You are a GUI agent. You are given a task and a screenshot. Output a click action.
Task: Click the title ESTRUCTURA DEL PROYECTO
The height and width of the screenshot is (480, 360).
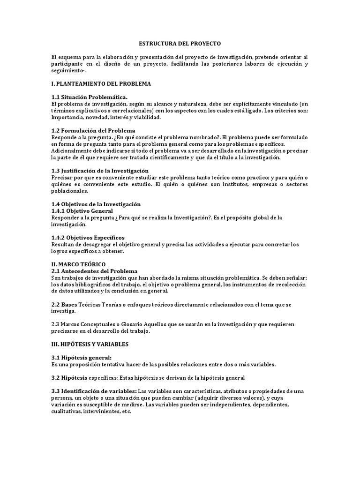coord(180,43)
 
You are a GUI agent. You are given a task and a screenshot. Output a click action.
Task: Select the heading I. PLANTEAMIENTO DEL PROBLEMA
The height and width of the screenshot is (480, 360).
coord(101,83)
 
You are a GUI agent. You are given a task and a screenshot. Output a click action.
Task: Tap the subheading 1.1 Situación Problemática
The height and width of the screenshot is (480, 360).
coord(89,97)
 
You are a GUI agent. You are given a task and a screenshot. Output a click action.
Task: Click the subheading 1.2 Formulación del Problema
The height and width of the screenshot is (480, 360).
coord(93,130)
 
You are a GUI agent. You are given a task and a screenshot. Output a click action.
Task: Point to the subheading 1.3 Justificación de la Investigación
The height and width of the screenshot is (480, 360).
coord(100,170)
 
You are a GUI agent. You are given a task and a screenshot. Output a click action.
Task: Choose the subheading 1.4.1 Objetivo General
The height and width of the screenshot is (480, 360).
coord(82,211)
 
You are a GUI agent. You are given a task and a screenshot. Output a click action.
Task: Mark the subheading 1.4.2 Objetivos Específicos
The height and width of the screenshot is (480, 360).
coord(88,238)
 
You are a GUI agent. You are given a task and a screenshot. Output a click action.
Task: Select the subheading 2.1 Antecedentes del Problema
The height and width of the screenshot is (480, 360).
coord(94,271)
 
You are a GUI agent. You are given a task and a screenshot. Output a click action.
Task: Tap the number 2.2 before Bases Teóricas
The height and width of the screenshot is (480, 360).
coord(56,304)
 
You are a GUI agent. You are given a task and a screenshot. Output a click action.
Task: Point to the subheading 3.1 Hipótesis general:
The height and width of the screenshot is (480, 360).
coord(81,358)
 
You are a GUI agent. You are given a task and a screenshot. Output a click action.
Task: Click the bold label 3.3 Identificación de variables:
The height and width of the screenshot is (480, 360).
coord(94,391)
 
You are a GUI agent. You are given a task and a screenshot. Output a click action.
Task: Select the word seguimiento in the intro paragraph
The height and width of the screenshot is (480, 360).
coord(68,70)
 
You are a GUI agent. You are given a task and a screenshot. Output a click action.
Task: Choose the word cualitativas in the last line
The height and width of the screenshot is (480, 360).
coord(66,411)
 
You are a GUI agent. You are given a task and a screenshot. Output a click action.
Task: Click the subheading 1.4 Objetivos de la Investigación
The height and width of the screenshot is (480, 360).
coord(96,204)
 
